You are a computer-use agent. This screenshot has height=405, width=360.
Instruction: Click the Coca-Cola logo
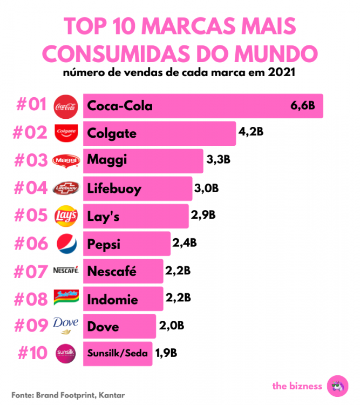tap(66, 106)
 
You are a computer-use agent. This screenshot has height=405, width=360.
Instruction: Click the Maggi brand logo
tap(66, 161)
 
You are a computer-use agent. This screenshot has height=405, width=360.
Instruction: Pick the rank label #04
tap(31, 188)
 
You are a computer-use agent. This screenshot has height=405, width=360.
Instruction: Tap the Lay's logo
tap(66, 216)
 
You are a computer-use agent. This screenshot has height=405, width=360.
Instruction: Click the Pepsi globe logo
tap(66, 244)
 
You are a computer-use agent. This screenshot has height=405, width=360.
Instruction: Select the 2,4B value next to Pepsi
tap(185, 244)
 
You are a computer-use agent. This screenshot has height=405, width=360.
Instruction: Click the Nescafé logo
tap(66, 271)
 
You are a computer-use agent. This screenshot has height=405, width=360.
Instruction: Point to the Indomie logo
tap(66, 299)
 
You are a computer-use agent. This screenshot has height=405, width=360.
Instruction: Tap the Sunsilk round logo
tap(66, 354)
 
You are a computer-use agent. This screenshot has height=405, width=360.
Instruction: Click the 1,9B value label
tap(166, 354)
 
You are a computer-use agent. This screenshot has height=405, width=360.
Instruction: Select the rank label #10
tap(32, 354)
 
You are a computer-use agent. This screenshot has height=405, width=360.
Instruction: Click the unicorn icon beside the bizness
tap(339, 385)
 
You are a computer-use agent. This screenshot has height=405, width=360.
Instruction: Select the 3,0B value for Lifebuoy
tap(207, 188)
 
